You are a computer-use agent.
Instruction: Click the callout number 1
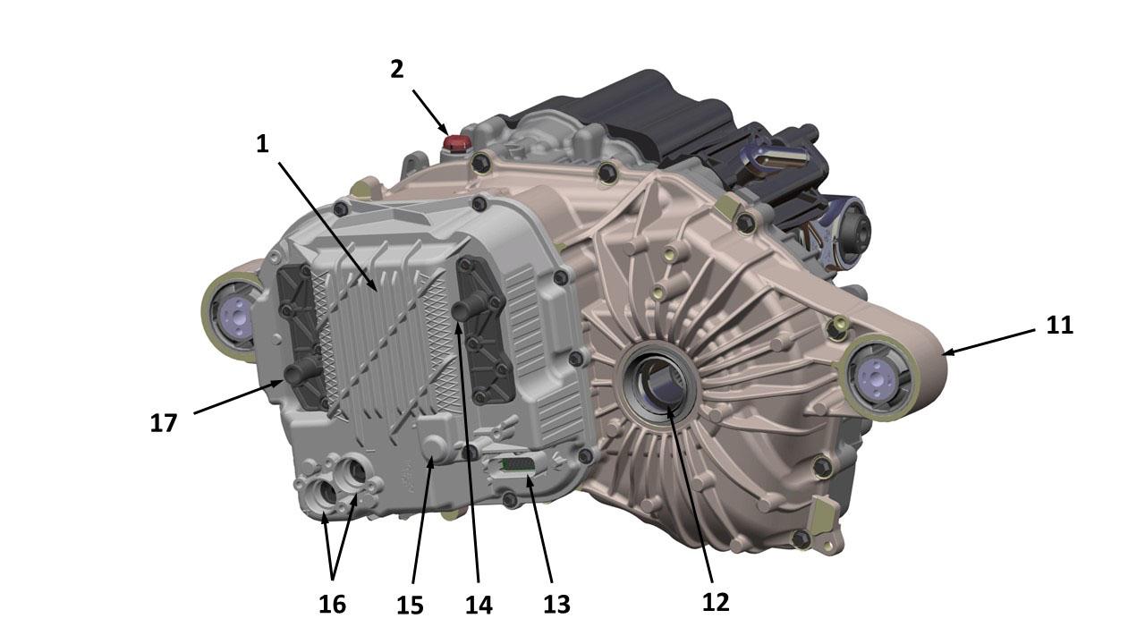(x=262, y=145)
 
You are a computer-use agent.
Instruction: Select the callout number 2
(x=396, y=70)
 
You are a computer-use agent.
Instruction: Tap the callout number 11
(x=1060, y=325)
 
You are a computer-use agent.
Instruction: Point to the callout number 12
(x=716, y=603)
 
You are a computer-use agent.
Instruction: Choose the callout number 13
(x=556, y=605)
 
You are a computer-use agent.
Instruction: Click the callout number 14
(x=479, y=606)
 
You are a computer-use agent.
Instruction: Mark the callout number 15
(x=410, y=606)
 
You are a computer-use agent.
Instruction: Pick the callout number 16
(x=332, y=605)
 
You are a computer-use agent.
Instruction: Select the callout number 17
(x=164, y=423)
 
